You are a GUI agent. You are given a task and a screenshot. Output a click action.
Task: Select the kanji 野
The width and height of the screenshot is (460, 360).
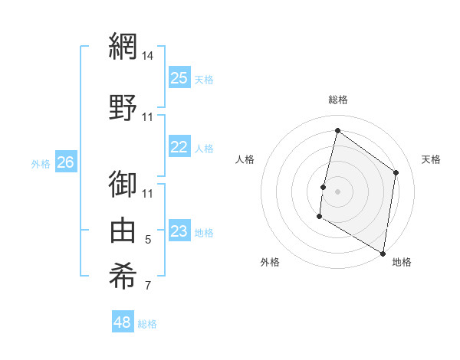tap(122, 106)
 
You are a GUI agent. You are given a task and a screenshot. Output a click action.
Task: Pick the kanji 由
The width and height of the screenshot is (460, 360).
tap(122, 229)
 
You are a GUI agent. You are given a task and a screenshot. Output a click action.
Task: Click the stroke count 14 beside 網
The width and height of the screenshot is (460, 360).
tap(148, 55)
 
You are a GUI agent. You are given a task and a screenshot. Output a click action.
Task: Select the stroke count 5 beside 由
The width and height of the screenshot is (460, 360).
tap(148, 240)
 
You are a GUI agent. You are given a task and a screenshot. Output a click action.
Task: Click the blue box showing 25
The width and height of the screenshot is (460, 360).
tap(179, 77)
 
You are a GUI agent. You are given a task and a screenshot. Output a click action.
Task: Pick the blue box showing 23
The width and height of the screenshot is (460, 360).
tap(179, 231)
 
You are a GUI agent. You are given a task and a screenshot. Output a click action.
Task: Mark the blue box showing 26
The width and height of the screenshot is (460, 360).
tap(65, 162)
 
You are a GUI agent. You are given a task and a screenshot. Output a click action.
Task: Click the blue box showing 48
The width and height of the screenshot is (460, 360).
tap(123, 322)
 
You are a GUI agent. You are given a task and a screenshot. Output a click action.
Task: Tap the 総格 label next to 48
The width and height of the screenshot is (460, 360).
tap(147, 324)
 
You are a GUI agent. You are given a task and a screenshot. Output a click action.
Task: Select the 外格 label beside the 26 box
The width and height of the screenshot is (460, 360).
tap(41, 163)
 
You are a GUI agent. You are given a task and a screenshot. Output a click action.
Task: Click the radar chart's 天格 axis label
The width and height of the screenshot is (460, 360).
tap(431, 159)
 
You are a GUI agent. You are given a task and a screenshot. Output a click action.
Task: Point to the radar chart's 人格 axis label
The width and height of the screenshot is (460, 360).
tap(245, 159)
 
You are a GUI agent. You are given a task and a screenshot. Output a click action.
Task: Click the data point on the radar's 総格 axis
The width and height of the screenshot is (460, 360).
tap(337, 131)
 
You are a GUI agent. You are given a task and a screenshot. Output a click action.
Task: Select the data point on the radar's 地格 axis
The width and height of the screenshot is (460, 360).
tap(383, 253)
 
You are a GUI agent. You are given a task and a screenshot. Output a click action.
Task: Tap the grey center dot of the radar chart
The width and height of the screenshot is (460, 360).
tap(337, 191)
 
